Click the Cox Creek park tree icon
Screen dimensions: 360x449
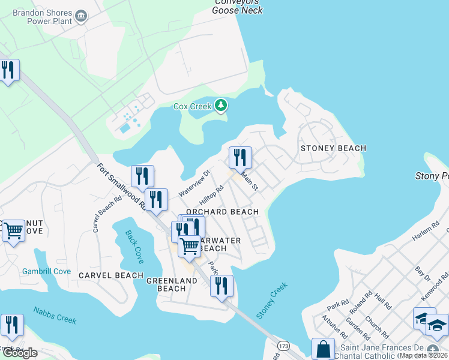coord(221,106)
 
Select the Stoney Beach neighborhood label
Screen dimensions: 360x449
coord(333,148)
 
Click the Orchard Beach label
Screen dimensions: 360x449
coord(222,212)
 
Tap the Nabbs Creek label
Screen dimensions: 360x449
coord(55,315)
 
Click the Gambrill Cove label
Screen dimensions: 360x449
coord(46,271)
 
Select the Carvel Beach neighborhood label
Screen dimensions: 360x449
coord(111,275)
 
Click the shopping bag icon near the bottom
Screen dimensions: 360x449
coord(323,349)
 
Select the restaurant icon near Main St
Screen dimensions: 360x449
coord(240,158)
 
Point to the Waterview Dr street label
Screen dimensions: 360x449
coord(194,183)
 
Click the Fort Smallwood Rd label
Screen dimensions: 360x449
coord(121,186)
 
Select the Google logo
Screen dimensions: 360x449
coord(19,353)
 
